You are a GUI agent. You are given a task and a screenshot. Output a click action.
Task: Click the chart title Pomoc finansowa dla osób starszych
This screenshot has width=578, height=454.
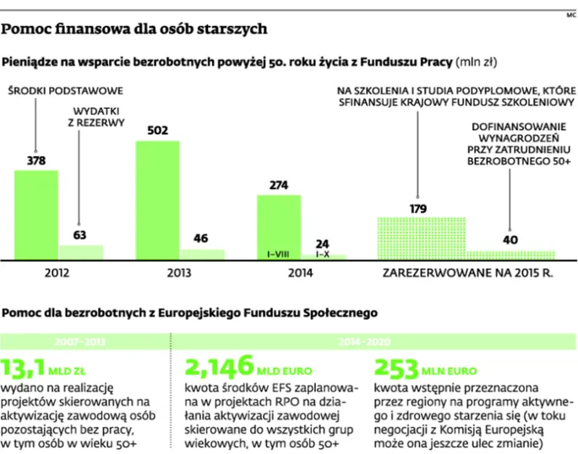pyautogui.click(x=134, y=29)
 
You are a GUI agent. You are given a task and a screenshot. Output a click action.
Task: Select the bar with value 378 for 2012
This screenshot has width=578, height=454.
pyautogui.click(x=36, y=214)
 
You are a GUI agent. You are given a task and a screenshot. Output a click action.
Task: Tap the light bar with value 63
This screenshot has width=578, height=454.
pyautogui.click(x=80, y=251)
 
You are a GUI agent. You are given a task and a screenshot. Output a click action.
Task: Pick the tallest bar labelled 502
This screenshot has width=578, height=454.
pyautogui.click(x=157, y=199)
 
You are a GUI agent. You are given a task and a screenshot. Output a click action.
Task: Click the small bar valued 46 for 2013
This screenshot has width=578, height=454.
pyautogui.click(x=202, y=252)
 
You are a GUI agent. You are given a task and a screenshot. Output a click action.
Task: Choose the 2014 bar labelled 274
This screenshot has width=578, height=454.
pyautogui.click(x=278, y=226)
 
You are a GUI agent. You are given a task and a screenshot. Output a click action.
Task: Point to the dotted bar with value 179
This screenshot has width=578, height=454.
pyautogui.click(x=419, y=237)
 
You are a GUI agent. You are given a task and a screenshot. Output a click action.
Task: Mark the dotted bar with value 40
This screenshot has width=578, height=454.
pyautogui.click(x=510, y=253)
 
